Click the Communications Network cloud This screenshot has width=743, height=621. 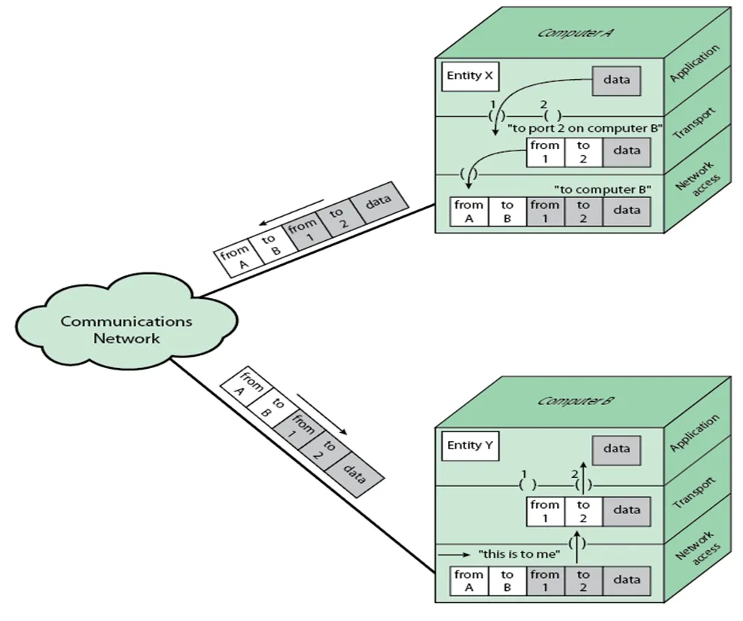tap(126, 330)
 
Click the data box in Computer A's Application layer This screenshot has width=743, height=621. tap(617, 80)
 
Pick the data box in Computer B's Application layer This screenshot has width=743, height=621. tap(616, 449)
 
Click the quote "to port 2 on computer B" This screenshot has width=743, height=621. tap(585, 127)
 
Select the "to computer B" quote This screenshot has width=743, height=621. tap(602, 188)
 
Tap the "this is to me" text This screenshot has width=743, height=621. tap(519, 555)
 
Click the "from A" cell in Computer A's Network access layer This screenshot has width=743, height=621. tap(469, 211)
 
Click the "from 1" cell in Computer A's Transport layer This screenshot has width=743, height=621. tap(544, 151)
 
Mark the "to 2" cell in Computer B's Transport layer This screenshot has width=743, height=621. tap(583, 510)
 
